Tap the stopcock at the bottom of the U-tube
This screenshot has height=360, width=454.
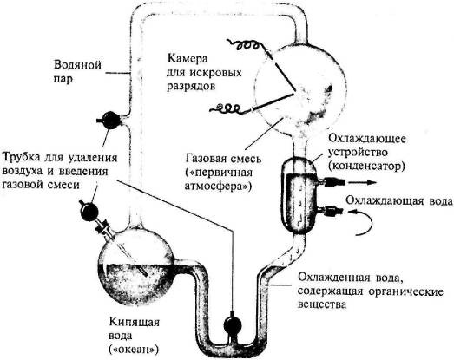pos(232,325)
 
